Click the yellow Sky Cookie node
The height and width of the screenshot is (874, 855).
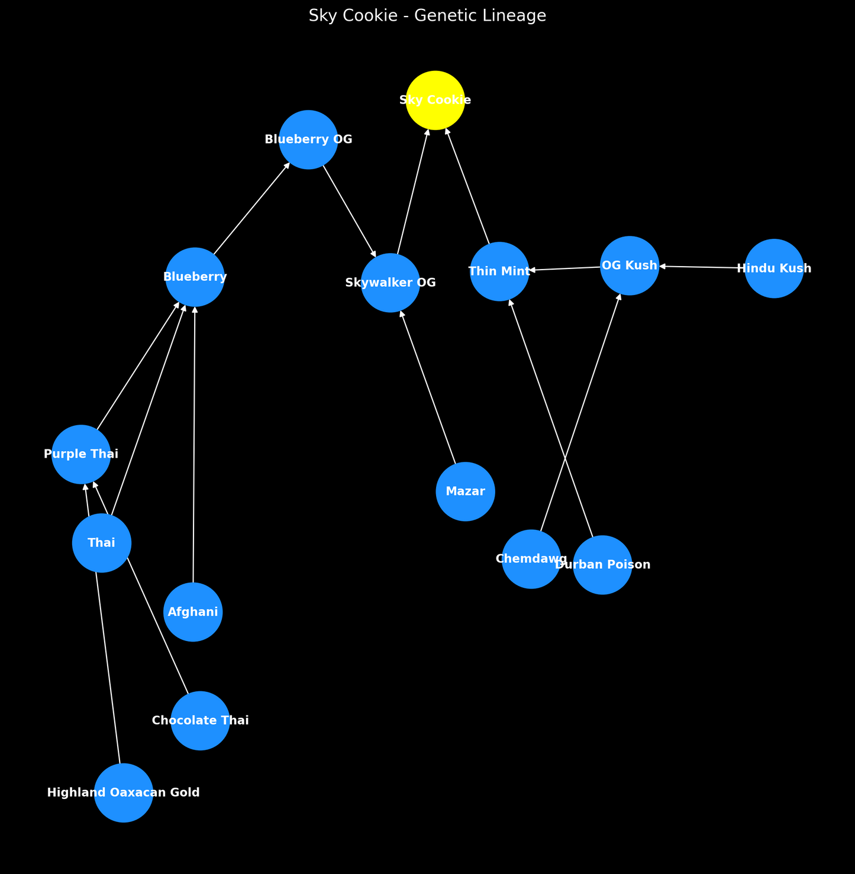tap(435, 100)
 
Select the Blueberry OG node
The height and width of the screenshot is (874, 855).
tap(308, 140)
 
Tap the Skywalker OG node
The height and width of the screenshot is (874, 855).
tap(391, 283)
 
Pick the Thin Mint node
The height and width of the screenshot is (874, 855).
tap(499, 271)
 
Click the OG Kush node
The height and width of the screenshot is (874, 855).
tap(630, 266)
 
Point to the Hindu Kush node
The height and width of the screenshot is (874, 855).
tap(774, 268)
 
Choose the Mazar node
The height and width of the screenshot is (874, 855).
tap(465, 491)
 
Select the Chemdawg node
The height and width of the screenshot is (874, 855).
tap(531, 559)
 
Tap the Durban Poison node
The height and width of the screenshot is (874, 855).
tap(602, 565)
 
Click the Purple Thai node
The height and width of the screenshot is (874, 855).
tap(81, 454)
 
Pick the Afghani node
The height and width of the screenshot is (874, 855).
tap(193, 612)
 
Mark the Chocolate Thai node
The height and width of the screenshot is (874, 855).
tap(201, 720)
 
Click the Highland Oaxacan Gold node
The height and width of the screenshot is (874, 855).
tap(124, 792)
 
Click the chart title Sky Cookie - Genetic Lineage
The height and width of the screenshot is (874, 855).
tap(427, 16)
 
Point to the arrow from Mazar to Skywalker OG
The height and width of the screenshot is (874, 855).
tap(428, 387)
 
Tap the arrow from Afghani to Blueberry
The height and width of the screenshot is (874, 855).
tap(194, 444)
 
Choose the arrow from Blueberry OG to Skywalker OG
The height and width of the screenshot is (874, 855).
tap(349, 210)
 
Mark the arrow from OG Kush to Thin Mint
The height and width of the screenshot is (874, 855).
tap(565, 268)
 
